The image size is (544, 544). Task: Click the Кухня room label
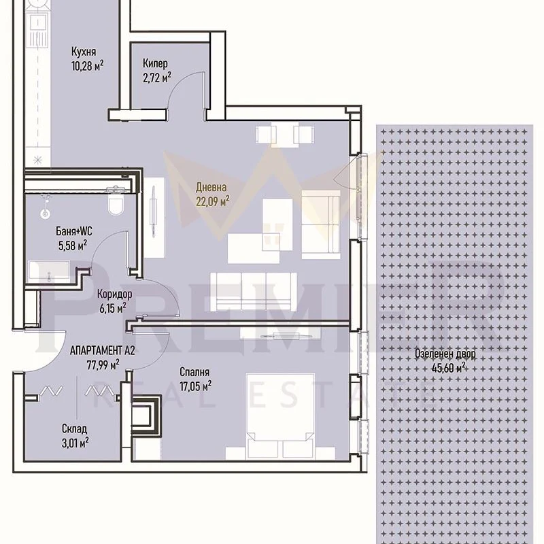point(84,52)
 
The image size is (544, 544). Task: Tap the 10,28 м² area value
point(88,66)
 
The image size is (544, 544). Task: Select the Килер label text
point(155,63)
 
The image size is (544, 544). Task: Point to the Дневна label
point(211,188)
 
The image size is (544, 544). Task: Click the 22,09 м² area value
point(213,201)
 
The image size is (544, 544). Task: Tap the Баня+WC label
point(74,231)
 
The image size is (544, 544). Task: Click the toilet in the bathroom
point(116,203)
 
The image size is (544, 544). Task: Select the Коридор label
point(114,294)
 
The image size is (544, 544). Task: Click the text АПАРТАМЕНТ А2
point(103,350)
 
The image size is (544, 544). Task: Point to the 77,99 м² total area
point(103,364)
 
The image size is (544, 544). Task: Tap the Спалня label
point(194,372)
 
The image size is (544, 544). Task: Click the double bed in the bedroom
point(280,416)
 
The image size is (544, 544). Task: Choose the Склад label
point(74,429)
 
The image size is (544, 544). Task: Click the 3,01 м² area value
point(75,443)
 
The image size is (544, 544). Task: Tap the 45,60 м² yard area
point(448,368)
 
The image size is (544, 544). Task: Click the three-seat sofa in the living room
point(253,292)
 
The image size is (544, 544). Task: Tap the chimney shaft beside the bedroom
point(146,415)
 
